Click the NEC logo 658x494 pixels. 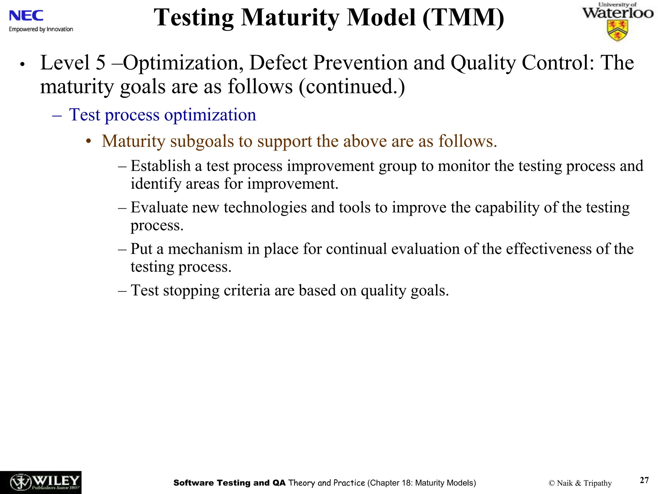coord(26,15)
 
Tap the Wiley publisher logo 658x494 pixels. coord(40,482)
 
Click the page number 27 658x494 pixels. coord(644,480)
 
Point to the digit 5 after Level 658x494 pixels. coord(101,62)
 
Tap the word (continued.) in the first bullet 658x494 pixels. coord(352,87)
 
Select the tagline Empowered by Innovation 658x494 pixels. coord(41,29)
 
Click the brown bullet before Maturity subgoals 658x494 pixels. coord(89,142)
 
